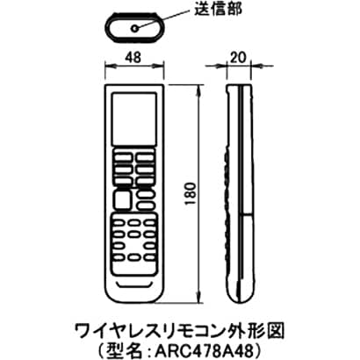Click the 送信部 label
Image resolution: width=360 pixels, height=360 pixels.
tap(218, 10)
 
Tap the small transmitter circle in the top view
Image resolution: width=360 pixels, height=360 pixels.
tap(134, 28)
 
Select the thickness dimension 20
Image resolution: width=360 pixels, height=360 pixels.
tap(239, 58)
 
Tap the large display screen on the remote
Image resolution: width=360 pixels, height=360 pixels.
tap(134, 119)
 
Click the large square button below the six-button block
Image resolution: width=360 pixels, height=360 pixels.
tap(123, 199)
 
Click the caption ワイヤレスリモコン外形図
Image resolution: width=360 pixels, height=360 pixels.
tap(180, 331)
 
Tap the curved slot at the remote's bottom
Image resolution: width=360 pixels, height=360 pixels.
tap(134, 284)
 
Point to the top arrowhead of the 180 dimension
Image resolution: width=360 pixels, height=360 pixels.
tap(199, 89)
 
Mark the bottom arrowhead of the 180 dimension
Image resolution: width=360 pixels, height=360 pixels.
tap(199, 299)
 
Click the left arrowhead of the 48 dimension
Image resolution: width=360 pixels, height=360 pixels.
tap(110, 66)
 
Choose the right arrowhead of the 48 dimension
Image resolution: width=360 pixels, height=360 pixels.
tap(159, 66)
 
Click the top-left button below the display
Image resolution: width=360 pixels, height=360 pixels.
tap(123, 157)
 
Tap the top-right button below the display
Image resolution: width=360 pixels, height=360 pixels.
tap(145, 157)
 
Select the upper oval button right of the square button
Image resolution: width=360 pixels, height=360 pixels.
tap(146, 195)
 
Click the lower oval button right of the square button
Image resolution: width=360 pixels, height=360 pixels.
tap(146, 205)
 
